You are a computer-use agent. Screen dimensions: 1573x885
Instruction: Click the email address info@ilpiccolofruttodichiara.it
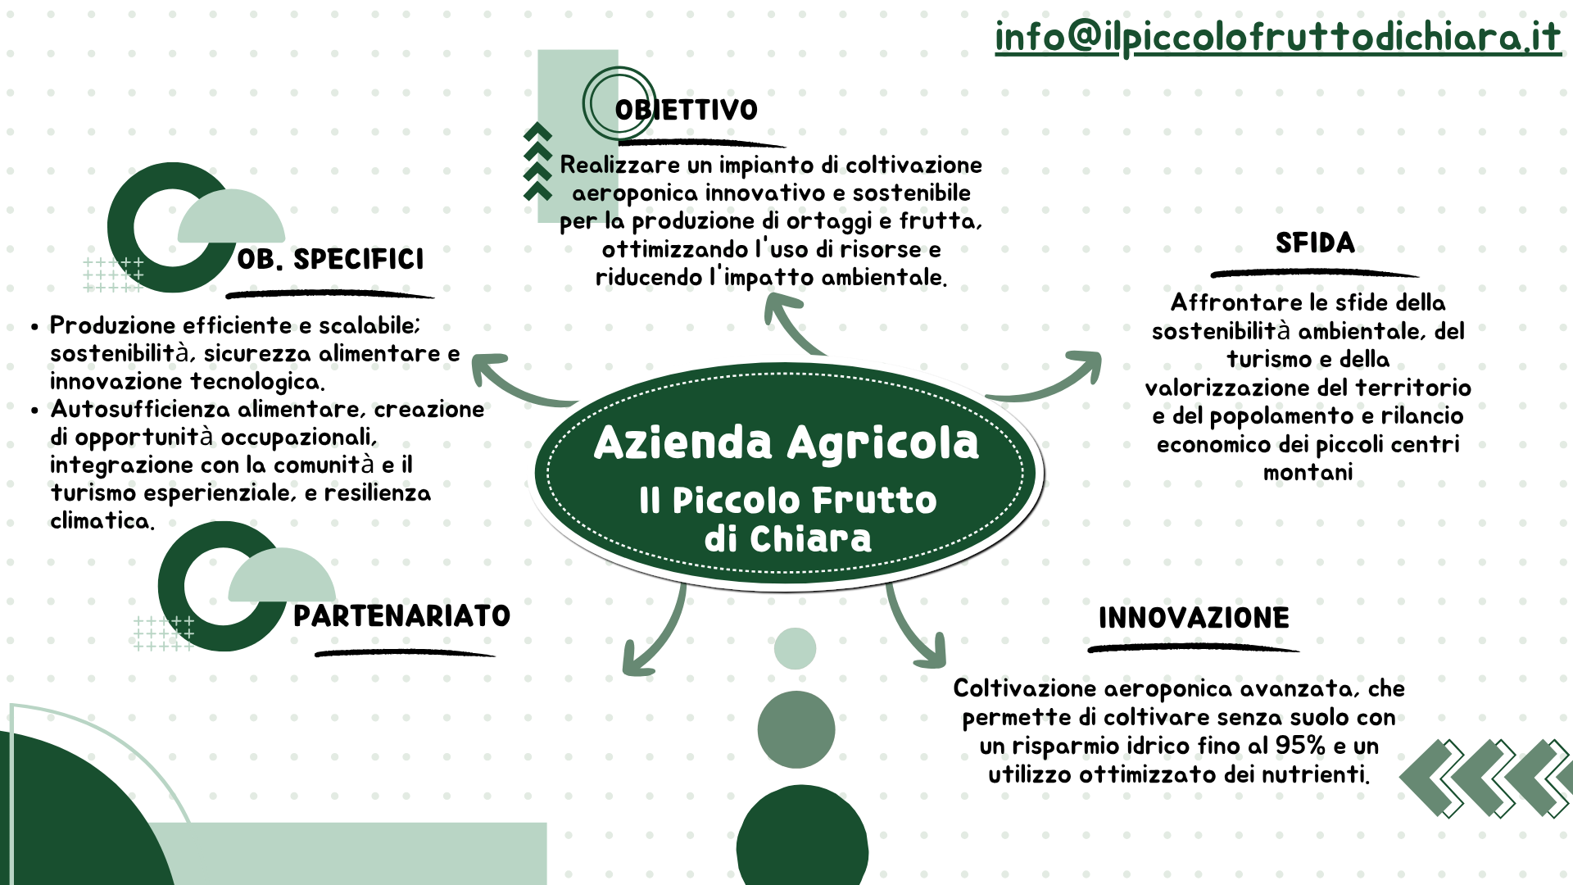[x=1278, y=38]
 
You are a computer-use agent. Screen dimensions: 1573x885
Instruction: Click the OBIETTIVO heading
[x=687, y=110]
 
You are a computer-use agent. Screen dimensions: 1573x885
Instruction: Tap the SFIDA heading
[x=1315, y=243]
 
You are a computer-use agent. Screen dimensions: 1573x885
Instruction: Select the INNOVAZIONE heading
[x=1194, y=618]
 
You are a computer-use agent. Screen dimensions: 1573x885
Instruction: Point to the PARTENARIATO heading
[x=401, y=615]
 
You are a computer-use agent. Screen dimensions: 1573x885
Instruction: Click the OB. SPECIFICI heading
[x=331, y=259]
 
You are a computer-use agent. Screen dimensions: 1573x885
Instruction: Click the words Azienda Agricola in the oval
[x=786, y=443]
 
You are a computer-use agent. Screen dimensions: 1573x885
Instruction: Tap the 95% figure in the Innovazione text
[x=1300, y=746]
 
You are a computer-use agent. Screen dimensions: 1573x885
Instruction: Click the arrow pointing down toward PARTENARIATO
[x=660, y=635]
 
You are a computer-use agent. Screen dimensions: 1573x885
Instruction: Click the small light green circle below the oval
[x=795, y=648]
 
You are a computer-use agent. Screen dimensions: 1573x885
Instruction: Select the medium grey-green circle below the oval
[x=796, y=729]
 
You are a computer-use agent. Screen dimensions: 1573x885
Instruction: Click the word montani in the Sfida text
[x=1308, y=473]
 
